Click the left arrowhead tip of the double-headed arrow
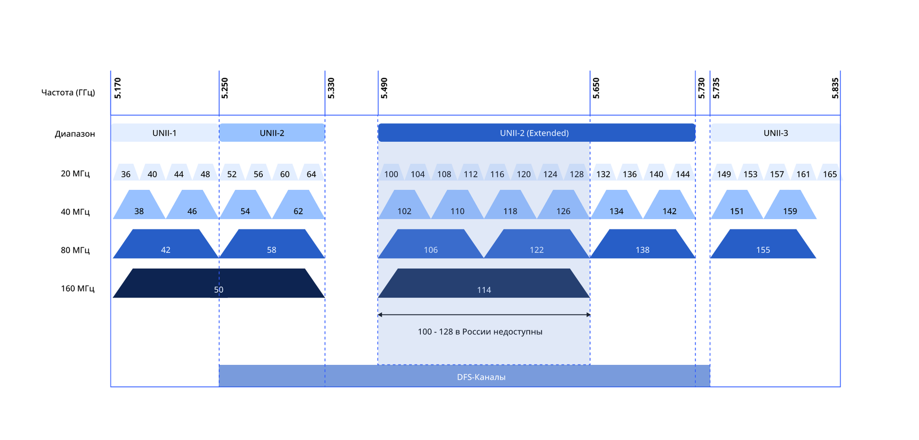pos(378,315)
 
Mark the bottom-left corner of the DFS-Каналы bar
pos(219,386)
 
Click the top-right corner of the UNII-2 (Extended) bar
pos(695,124)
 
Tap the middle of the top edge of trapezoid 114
pos(484,269)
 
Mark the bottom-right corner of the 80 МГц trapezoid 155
pos(816,258)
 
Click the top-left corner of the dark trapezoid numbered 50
pos(133,269)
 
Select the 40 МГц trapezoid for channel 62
pos(298,205)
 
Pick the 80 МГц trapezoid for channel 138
pos(642,244)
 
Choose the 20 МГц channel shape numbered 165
pos(830,172)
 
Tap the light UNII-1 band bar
pos(165,132)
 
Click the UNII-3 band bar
pos(775,132)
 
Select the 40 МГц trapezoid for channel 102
pos(404,205)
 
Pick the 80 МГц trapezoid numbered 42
pos(166,244)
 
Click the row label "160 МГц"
pos(78,288)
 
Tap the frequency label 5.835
pos(835,88)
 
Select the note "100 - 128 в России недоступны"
pos(480,331)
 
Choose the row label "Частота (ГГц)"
pos(68,92)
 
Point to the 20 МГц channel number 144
pos(683,174)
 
